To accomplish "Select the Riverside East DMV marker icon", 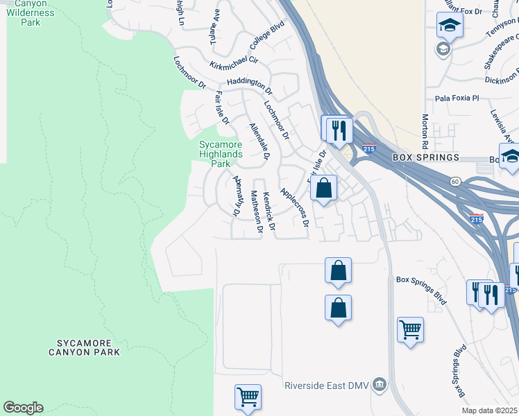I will pyautogui.click(x=379, y=384).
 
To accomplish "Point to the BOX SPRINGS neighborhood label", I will pyautogui.click(x=426, y=157).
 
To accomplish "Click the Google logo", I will pyautogui.click(x=23, y=408).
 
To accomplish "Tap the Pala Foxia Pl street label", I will pyautogui.click(x=457, y=98).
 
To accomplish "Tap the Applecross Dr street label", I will pyautogui.click(x=293, y=207).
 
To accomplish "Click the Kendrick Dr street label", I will pyautogui.click(x=269, y=211).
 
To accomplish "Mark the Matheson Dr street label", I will pyautogui.click(x=256, y=211).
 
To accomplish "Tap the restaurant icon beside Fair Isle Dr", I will pyautogui.click(x=338, y=128).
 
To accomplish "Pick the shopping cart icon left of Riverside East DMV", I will pyautogui.click(x=247, y=397).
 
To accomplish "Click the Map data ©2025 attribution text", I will pyautogui.click(x=490, y=410).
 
